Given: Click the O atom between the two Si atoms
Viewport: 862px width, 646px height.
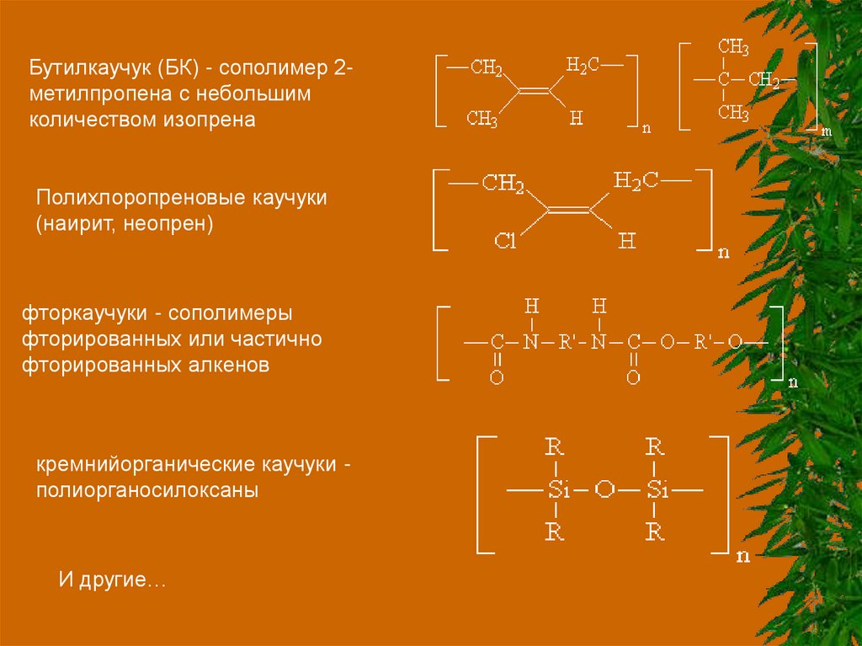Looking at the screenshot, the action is (x=602, y=489).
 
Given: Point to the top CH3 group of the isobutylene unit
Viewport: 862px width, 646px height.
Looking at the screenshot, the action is (x=733, y=46).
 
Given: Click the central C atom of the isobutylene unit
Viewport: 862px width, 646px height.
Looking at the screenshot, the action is (x=723, y=80).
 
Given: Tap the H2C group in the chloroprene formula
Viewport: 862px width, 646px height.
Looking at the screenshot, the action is (x=636, y=179).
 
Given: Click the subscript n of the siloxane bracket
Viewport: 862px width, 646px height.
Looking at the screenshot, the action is (x=742, y=556).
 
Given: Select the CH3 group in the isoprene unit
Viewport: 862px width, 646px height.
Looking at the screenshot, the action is (x=482, y=118).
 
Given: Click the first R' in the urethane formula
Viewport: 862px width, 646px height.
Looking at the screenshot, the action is (x=563, y=342).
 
